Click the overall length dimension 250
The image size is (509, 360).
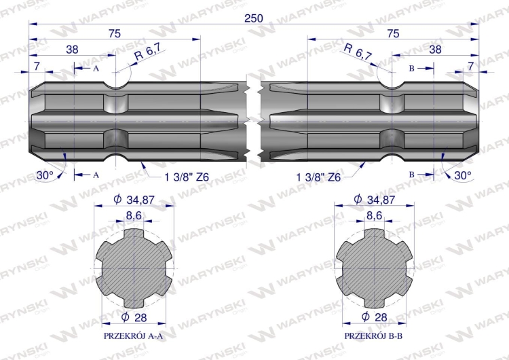254,18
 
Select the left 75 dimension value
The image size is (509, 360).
115,33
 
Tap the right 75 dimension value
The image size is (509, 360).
393,33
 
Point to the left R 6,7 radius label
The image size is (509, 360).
148,53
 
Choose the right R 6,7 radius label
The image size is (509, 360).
358,52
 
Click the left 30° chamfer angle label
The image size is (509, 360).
45,175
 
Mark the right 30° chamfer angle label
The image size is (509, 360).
463,175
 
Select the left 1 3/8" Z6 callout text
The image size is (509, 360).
187,177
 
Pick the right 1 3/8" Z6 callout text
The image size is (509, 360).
318,177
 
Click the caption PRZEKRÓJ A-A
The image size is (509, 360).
133,336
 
